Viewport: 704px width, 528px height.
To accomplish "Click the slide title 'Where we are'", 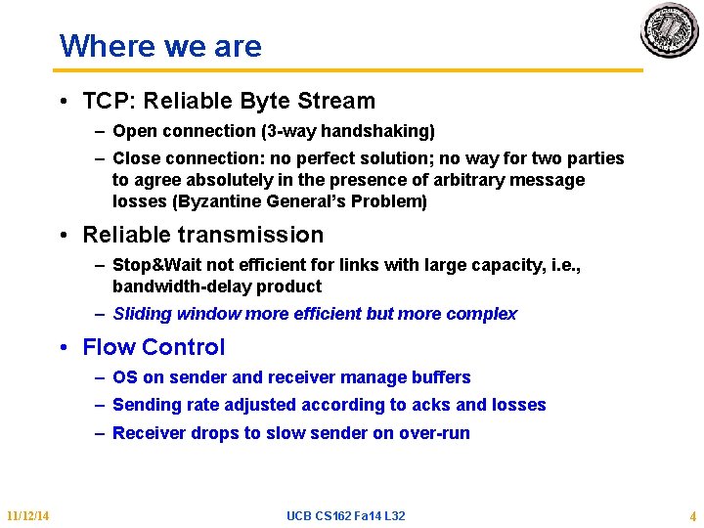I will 160,46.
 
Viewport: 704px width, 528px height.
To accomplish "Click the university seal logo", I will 670,30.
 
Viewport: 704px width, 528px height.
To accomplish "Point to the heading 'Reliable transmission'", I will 202,235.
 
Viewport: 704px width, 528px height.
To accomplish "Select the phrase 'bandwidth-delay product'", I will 217,286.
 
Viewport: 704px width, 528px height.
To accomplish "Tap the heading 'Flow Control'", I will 154,347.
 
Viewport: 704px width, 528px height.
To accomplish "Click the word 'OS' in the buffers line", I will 125,377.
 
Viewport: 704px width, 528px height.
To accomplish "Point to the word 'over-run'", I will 436,433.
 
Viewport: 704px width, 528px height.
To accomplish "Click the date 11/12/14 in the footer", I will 28,515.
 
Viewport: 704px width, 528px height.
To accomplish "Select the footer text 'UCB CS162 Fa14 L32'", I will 346,515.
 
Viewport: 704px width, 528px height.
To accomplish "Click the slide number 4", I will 692,515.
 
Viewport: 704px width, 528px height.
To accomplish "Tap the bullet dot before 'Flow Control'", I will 63,348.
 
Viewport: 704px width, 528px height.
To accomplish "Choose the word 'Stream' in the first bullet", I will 338,101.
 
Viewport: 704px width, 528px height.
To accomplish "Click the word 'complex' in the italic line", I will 481,314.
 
